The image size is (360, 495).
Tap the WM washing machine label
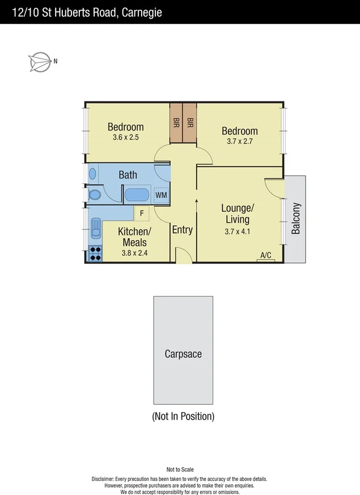161,195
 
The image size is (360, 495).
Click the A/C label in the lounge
265,256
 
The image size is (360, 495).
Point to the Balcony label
295,219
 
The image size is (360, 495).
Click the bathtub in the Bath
137,195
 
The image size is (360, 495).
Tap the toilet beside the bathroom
94,194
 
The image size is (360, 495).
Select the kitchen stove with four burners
95,253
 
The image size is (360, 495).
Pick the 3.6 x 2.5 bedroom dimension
125,137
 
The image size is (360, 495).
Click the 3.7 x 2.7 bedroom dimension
239,141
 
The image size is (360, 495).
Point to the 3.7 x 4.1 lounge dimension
237,231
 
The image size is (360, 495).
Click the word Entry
182,230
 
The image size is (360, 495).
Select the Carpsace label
183,354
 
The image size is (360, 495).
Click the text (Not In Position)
183,416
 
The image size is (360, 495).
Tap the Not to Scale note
180,469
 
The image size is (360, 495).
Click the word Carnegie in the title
141,12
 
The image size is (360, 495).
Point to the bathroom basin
92,174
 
